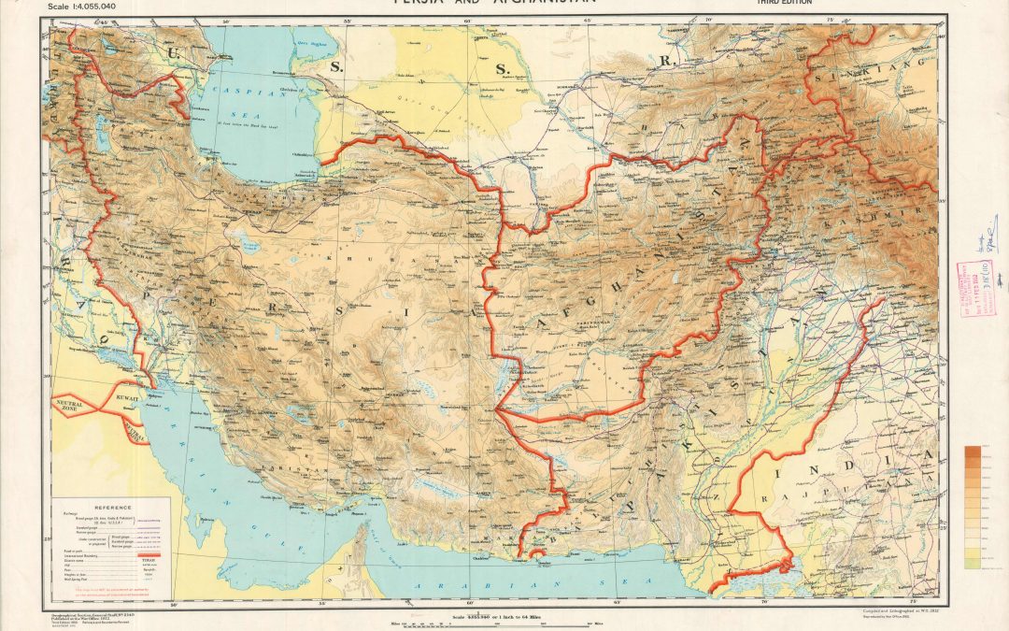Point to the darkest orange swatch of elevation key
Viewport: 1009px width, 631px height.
tap(973, 452)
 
